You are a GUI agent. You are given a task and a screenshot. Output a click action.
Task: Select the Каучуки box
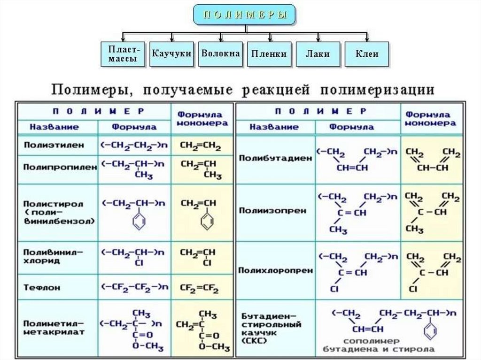[x=171, y=54]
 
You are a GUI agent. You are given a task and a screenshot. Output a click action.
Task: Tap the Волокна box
[x=220, y=53]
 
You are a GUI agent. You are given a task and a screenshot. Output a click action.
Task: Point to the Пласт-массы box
[x=122, y=54]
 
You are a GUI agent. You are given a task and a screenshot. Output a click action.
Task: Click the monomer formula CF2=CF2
[x=199, y=286]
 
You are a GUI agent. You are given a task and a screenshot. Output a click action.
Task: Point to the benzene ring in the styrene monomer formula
[x=207, y=222]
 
